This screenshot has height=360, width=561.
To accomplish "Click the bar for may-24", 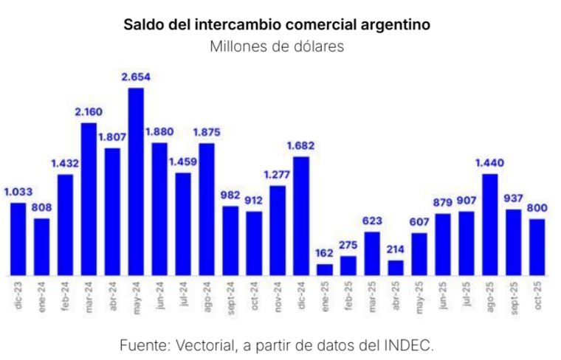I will (x=136, y=181).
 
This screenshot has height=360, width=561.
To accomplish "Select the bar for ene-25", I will (x=325, y=269).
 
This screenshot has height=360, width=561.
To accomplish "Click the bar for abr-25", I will (x=396, y=267).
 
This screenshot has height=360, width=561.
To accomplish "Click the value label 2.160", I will (x=89, y=112).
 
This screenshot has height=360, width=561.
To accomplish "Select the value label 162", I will (x=325, y=253).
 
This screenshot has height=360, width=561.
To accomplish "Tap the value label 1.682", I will (x=301, y=145).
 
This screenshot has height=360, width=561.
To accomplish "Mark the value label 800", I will (x=537, y=207).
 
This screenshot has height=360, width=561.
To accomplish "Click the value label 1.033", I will (x=18, y=192).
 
